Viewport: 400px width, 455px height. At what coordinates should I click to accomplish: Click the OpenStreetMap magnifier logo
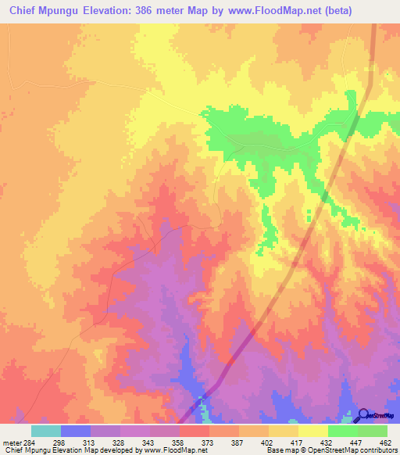[364, 415]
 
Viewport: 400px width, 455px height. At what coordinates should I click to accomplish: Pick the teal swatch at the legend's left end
[45, 431]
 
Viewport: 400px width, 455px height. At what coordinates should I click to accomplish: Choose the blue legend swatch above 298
[75, 431]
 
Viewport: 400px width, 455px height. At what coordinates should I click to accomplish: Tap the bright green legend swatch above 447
[342, 431]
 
